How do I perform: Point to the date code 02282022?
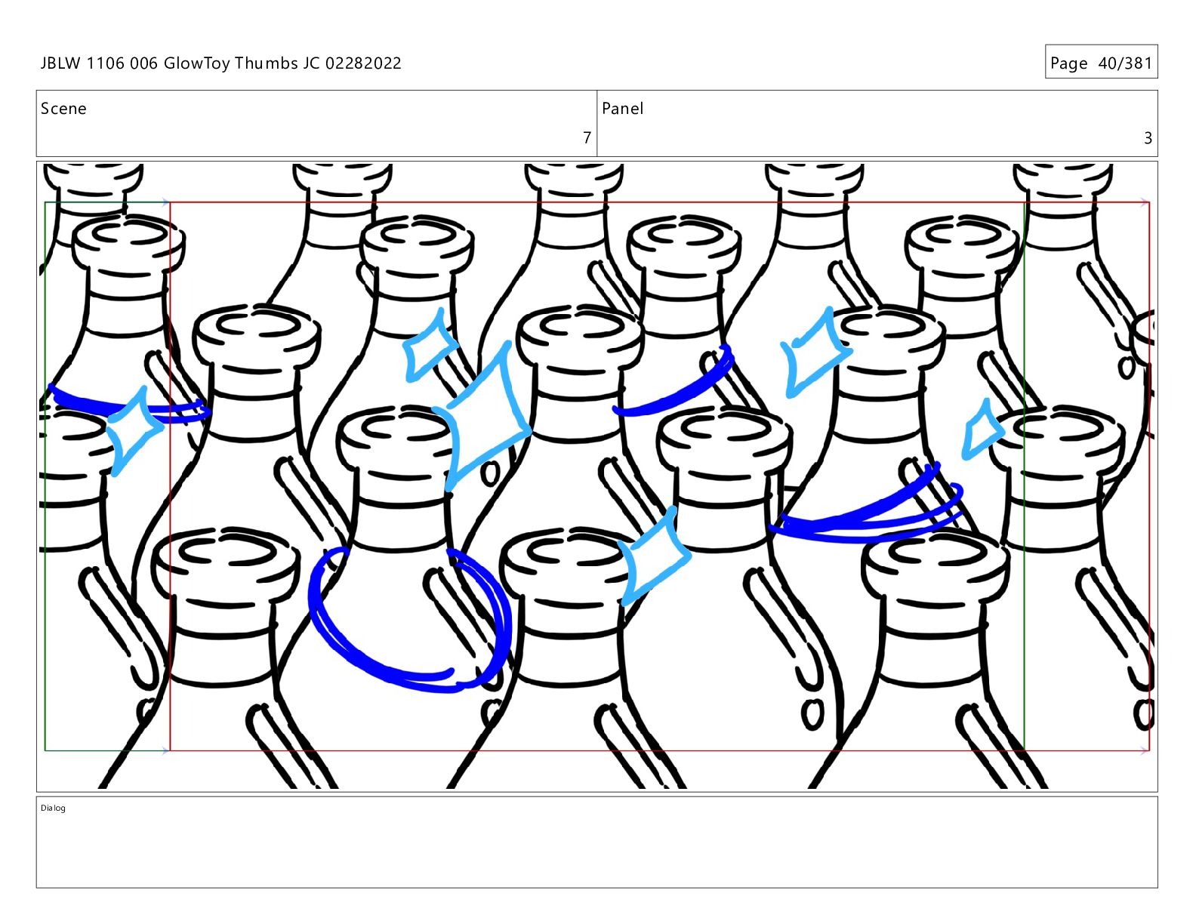(363, 63)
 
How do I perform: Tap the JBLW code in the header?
(60, 63)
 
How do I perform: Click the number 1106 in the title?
(105, 63)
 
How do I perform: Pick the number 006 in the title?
(144, 63)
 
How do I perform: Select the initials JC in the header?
(312, 63)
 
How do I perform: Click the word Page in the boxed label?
(1069, 64)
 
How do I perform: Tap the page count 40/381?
(1125, 63)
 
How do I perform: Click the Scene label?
(63, 109)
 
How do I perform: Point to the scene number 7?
(587, 137)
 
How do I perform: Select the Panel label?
(622, 109)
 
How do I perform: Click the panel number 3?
(1148, 137)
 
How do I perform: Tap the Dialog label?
(53, 808)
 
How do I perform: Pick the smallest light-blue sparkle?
(982, 430)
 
